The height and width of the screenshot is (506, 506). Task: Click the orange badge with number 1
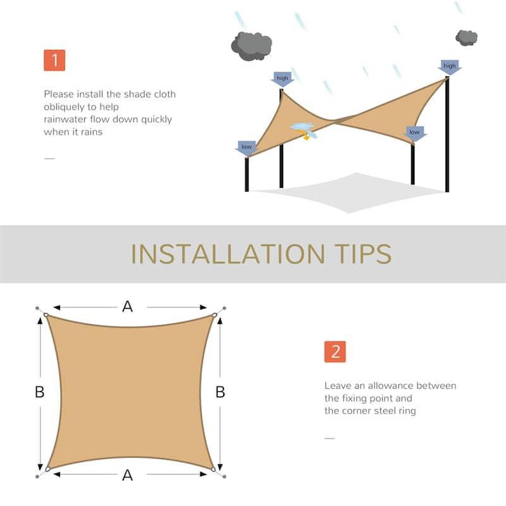(54, 60)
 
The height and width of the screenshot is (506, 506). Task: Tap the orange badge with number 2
(335, 352)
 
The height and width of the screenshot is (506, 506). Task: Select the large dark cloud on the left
(251, 46)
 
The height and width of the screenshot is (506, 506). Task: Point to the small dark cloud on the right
(467, 37)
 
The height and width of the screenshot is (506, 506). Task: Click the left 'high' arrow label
(282, 79)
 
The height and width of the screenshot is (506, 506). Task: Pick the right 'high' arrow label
(449, 66)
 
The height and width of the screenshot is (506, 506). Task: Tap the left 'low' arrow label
(247, 147)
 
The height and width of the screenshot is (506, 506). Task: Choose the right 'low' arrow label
(414, 133)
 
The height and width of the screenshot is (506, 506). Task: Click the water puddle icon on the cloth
(303, 128)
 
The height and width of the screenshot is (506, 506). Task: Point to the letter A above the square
(127, 307)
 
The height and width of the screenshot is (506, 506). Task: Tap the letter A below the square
(127, 475)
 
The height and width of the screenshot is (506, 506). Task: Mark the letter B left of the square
(39, 392)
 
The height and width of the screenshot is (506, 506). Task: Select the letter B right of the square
(220, 392)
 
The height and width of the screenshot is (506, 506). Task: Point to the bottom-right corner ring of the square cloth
(214, 469)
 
